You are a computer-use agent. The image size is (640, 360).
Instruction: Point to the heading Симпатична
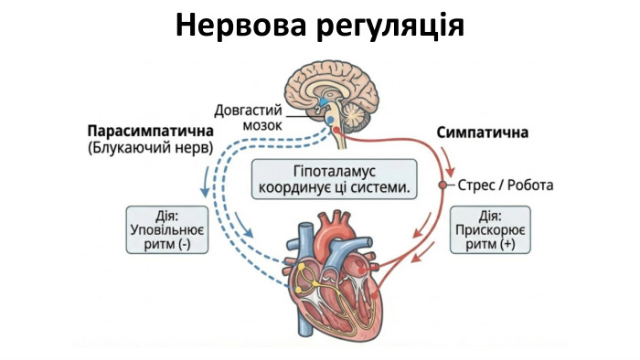pyautogui.click(x=482, y=132)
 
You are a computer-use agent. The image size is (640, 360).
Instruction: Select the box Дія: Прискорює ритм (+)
pyautogui.click(x=490, y=232)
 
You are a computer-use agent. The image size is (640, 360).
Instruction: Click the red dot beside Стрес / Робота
pyautogui.click(x=442, y=185)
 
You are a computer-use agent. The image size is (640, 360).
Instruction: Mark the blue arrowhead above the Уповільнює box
pyautogui.click(x=202, y=193)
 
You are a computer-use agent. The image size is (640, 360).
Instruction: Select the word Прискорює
pyautogui.click(x=490, y=232)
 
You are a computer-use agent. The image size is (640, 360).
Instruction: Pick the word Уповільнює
pyautogui.click(x=166, y=232)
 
